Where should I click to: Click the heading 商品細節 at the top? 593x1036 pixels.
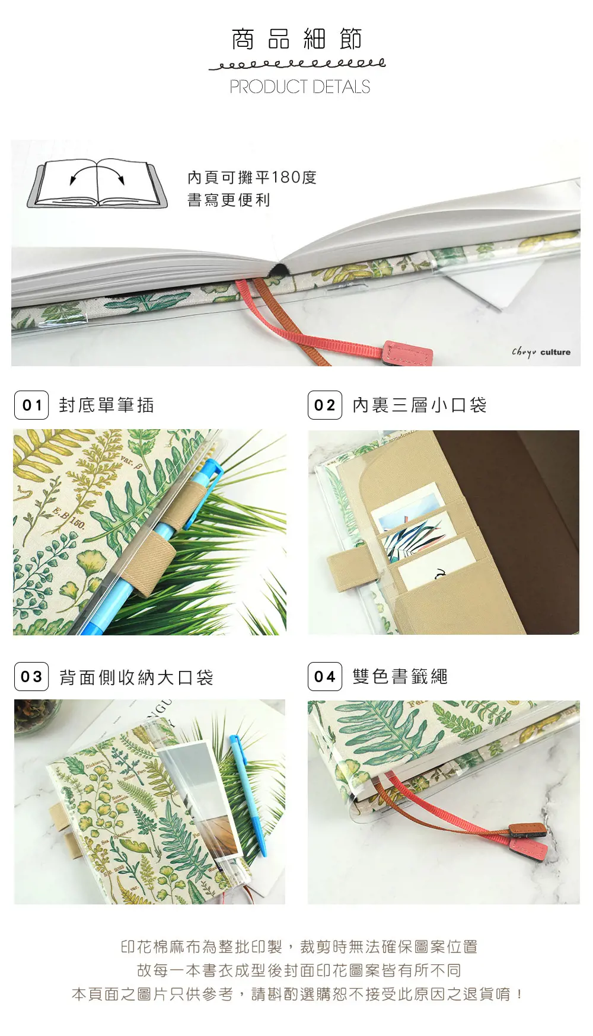(296, 39)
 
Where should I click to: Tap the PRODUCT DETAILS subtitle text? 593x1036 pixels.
(299, 87)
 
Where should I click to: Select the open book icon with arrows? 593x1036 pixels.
(97, 183)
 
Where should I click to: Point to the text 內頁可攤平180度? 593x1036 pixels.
(252, 177)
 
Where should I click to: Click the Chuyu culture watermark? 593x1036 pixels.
(541, 352)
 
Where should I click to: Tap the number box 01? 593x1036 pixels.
(31, 405)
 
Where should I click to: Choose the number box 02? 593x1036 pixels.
(325, 405)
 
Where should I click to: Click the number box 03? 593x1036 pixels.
(31, 677)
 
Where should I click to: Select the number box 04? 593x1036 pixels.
(325, 677)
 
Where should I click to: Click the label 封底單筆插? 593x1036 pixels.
(107, 405)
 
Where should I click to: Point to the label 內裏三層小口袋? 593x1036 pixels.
(419, 405)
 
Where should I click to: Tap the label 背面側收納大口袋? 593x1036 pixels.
(136, 677)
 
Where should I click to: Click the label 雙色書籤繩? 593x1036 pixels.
(400, 677)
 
